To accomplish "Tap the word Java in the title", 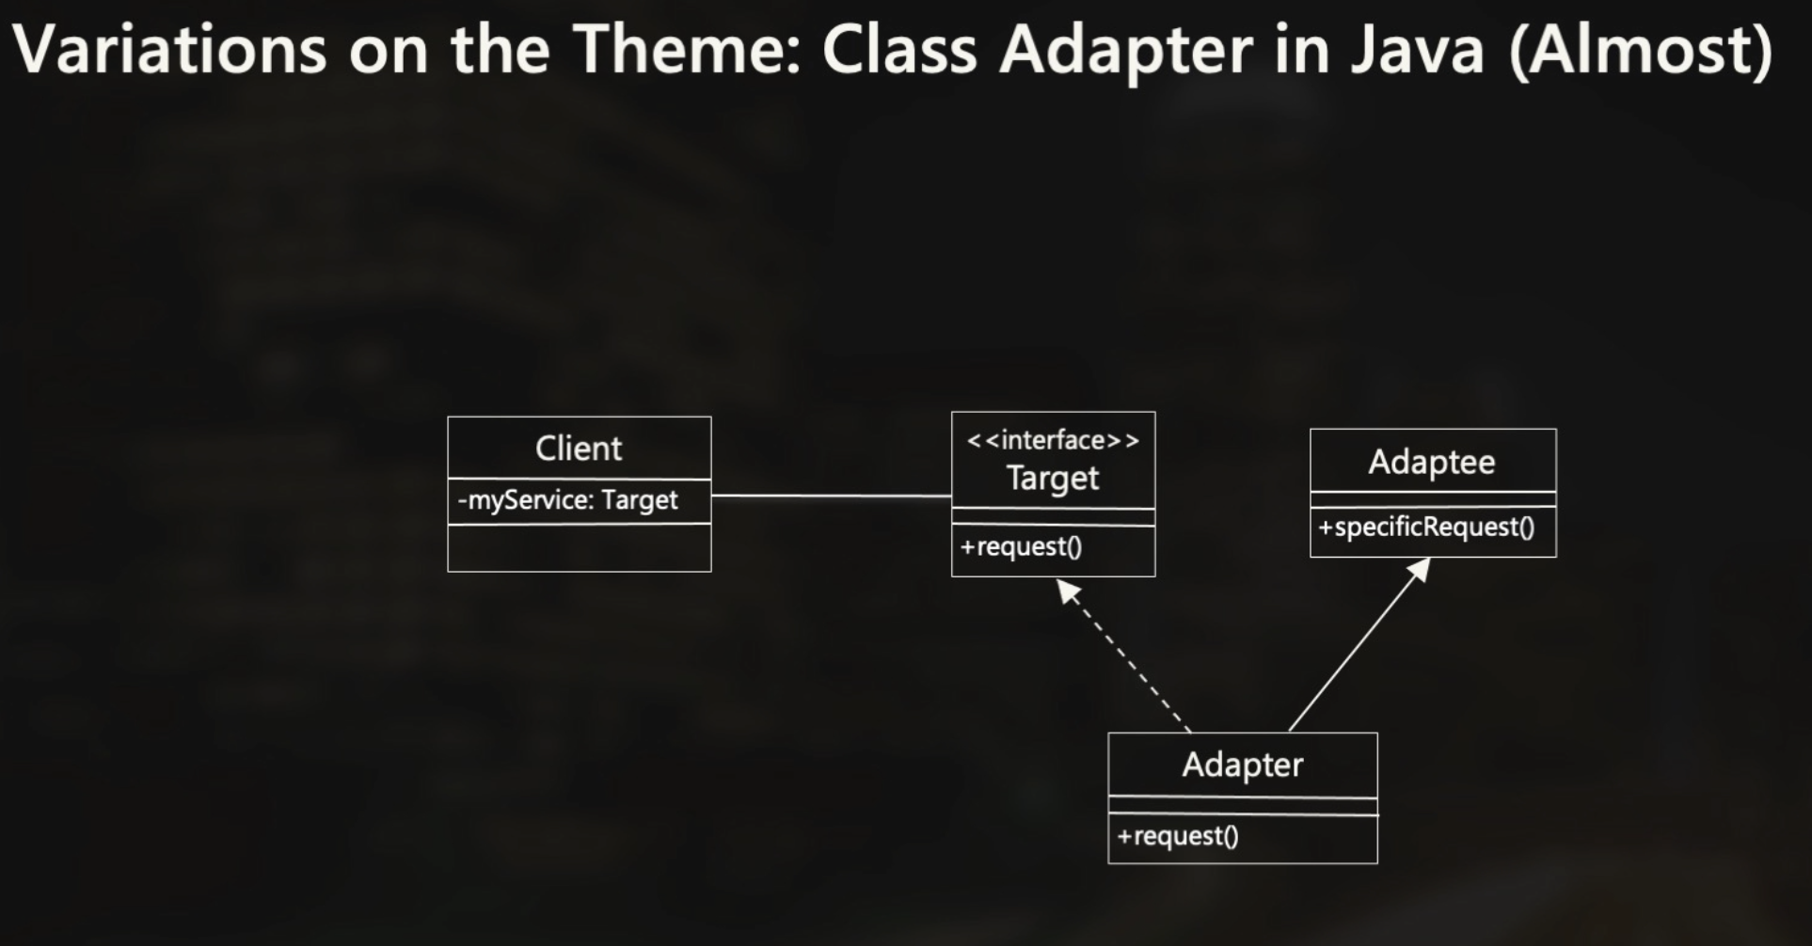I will pyautogui.click(x=1418, y=49).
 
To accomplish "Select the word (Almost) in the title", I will pyautogui.click(x=1641, y=49).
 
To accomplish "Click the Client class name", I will pyautogui.click(x=579, y=449).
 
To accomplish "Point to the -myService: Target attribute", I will pyautogui.click(x=567, y=500).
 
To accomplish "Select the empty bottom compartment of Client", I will pyautogui.click(x=579, y=547).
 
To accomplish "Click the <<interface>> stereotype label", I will pyautogui.click(x=1053, y=440).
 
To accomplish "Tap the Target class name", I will pyautogui.click(x=1053, y=479).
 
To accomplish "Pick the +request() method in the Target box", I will pyautogui.click(x=1021, y=546).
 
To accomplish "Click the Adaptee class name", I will pyautogui.click(x=1431, y=462).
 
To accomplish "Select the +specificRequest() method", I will pyautogui.click(x=1426, y=527).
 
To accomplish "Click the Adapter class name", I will pyautogui.click(x=1242, y=765).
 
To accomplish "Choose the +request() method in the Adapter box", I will pyautogui.click(x=1178, y=836).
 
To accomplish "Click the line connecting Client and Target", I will pyautogui.click(x=831, y=496).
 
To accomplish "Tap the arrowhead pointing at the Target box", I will pyautogui.click(x=1067, y=590).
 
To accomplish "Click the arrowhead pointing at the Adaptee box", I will pyautogui.click(x=1420, y=570).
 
